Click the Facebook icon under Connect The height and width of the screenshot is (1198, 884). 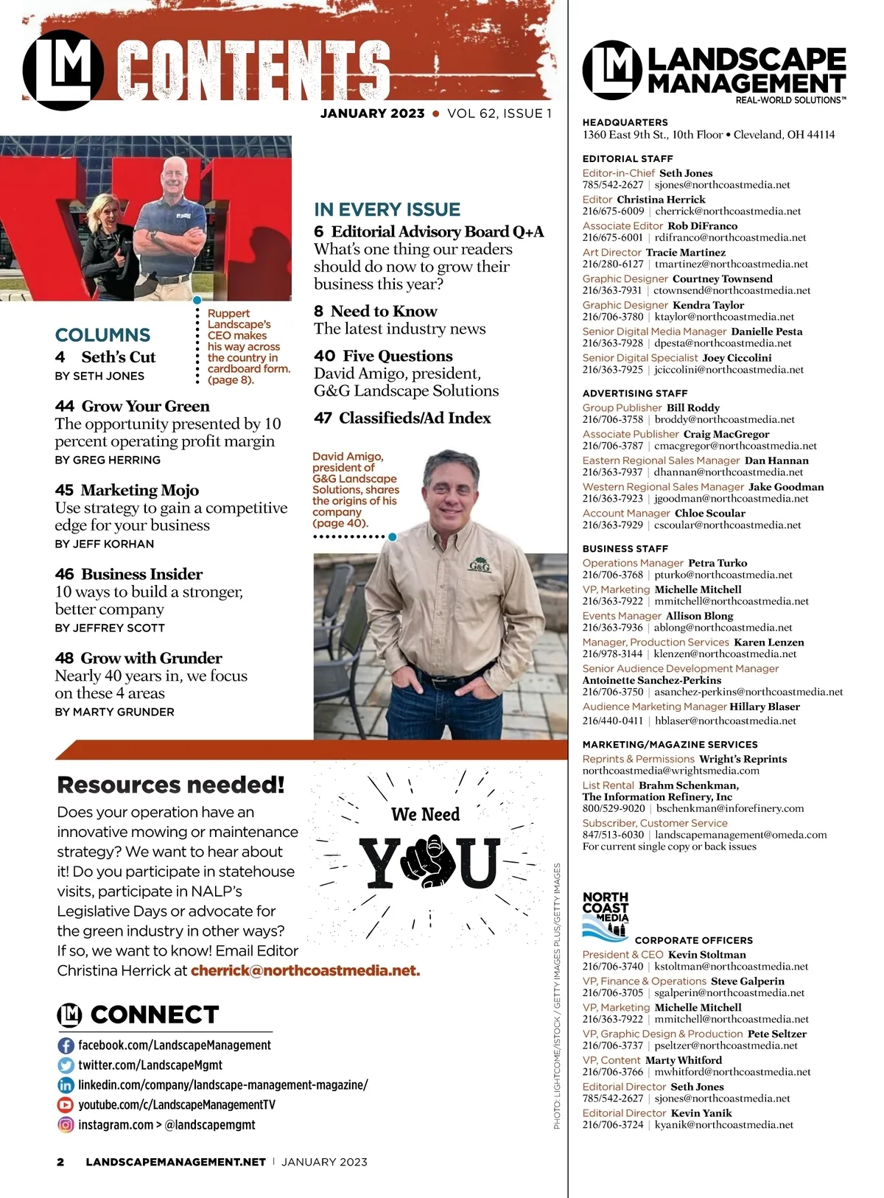tap(66, 1045)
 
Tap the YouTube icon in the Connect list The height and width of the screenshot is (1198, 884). tap(66, 1105)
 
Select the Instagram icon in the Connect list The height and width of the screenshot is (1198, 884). tap(66, 1125)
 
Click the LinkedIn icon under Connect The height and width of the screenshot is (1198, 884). tap(66, 1085)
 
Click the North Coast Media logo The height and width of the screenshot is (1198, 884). tap(606, 914)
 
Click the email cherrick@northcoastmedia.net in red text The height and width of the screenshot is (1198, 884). tap(305, 971)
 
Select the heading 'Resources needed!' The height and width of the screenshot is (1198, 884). tap(170, 785)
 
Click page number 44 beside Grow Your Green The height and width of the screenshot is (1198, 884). tap(64, 407)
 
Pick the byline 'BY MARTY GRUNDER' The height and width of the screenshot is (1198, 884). tap(114, 712)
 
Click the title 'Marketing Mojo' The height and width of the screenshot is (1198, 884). tap(140, 491)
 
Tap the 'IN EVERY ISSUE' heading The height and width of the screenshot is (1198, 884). tap(387, 210)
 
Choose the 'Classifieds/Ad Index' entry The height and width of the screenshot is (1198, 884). tap(414, 418)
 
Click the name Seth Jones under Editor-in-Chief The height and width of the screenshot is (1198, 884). tap(686, 174)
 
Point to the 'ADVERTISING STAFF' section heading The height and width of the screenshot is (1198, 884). tap(634, 393)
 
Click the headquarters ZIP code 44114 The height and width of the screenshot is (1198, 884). tap(820, 135)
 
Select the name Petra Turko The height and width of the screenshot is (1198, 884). tap(718, 564)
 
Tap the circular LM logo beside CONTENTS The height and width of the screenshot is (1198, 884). tap(63, 71)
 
